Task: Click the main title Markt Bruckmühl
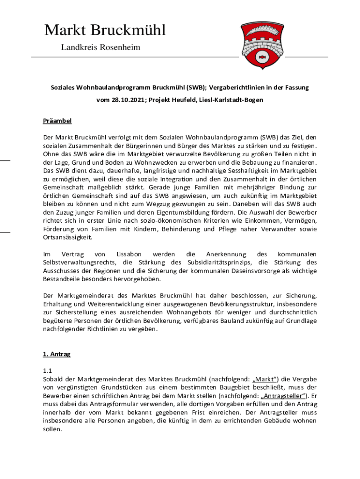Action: point(105,30)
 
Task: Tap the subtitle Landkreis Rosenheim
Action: point(101,47)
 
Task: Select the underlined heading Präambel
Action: point(57,121)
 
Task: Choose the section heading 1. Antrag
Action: point(56,354)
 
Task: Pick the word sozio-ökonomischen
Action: point(175,220)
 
